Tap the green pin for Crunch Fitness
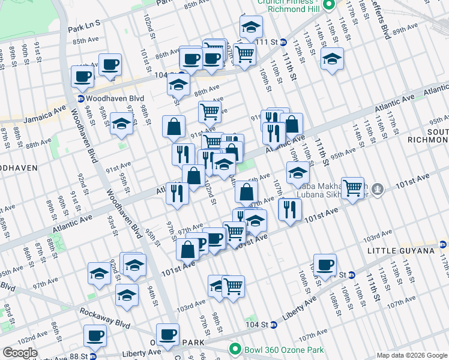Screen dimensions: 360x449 click(x=329, y=5)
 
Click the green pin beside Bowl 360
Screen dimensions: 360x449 click(x=235, y=349)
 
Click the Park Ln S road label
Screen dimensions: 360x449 click(x=83, y=28)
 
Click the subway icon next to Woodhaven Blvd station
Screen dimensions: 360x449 click(x=80, y=98)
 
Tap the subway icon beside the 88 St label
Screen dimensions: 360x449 click(x=92, y=356)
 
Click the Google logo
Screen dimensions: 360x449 click(x=20, y=353)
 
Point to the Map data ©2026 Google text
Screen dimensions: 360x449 click(x=412, y=355)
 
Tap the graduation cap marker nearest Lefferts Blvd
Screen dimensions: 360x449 click(x=332, y=58)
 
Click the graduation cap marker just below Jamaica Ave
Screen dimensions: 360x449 click(x=122, y=124)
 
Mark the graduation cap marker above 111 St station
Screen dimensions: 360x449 click(x=251, y=26)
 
